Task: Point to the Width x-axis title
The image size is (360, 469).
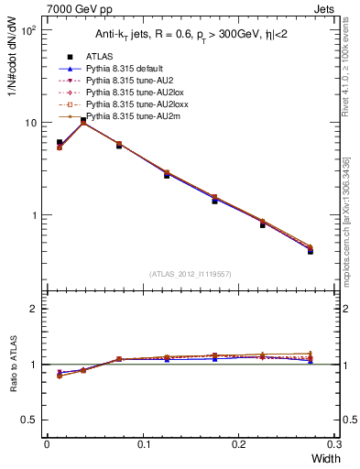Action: coord(323,458)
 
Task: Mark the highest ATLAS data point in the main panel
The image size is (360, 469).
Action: coord(83,120)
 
